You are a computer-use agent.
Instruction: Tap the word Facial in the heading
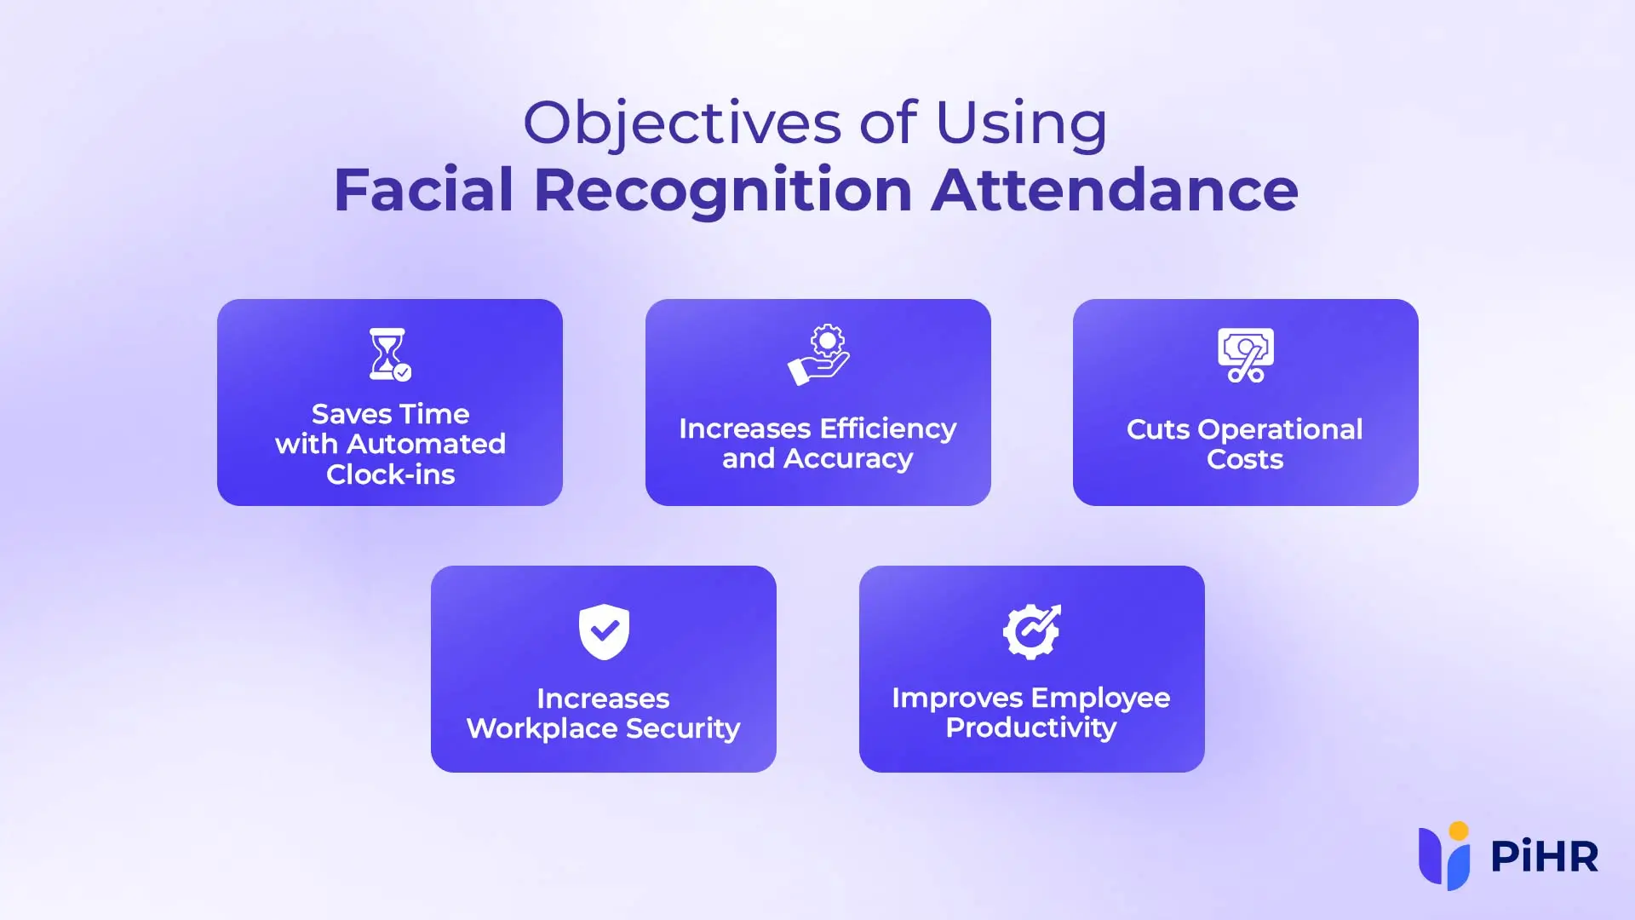[x=423, y=190]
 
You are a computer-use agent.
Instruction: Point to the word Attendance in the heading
[x=1114, y=190]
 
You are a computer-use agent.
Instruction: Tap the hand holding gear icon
[x=818, y=354]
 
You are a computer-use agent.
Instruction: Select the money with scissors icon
[x=1246, y=355]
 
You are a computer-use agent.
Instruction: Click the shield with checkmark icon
[x=604, y=631]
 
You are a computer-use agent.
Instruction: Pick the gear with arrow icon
[x=1031, y=631]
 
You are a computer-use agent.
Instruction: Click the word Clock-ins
[x=391, y=474]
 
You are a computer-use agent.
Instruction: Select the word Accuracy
[x=848, y=459]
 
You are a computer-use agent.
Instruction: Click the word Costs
[x=1245, y=460]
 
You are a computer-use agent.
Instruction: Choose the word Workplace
[x=542, y=729]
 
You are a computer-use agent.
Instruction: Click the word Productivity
[x=1031, y=728]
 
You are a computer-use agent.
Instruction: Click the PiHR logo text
[x=1544, y=857]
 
